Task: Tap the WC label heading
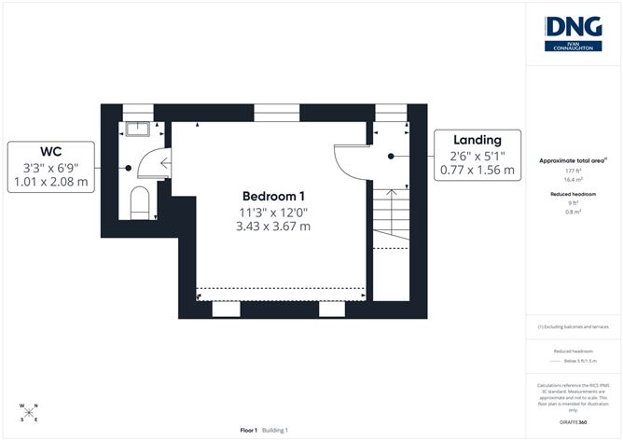point(51,152)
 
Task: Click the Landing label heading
point(477,139)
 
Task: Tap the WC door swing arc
point(149,166)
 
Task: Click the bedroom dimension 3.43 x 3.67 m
point(273,227)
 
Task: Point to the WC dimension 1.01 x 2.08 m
point(51,184)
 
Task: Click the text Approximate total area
point(573,161)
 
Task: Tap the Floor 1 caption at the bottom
point(249,430)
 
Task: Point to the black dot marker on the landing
point(392,156)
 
